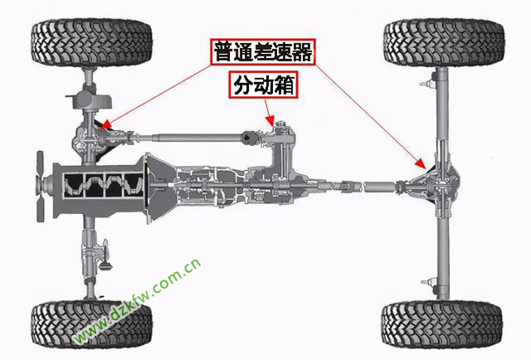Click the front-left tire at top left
pos(91,42)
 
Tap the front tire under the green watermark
pos(91,324)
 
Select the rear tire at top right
pos(444,42)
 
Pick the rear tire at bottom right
pos(442,324)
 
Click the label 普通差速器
pos(263,51)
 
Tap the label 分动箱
pos(264,85)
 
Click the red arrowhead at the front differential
pos(106,124)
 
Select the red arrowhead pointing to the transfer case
pos(270,120)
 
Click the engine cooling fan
pos(41,187)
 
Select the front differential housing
pos(89,139)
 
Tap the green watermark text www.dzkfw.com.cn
pos(138,302)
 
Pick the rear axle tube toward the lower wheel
pos(442,257)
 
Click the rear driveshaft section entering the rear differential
pos(379,187)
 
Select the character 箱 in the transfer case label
pos(283,85)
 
